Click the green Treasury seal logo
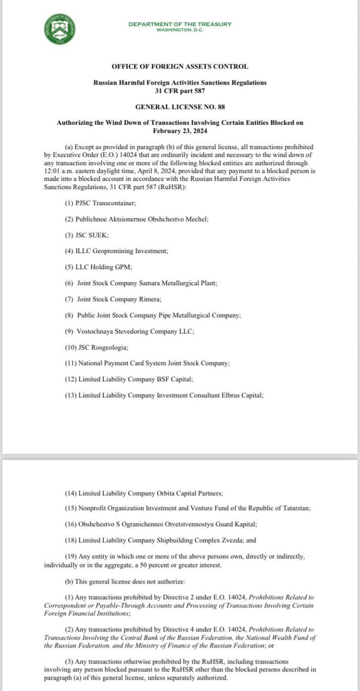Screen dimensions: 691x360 click(x=60, y=29)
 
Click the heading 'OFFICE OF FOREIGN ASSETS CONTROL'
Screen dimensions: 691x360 click(x=180, y=67)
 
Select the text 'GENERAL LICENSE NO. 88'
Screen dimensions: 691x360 click(x=180, y=107)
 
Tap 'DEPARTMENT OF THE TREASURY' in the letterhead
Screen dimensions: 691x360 click(x=180, y=24)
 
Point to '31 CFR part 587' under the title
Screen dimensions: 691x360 click(x=180, y=90)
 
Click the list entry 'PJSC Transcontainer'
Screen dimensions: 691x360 click(x=100, y=203)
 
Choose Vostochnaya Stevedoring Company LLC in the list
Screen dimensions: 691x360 click(x=129, y=331)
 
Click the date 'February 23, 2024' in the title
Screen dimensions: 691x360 click(x=180, y=131)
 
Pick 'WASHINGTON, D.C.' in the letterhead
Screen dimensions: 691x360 click(x=180, y=30)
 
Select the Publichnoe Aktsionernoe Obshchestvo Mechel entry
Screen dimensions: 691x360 click(x=136, y=219)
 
